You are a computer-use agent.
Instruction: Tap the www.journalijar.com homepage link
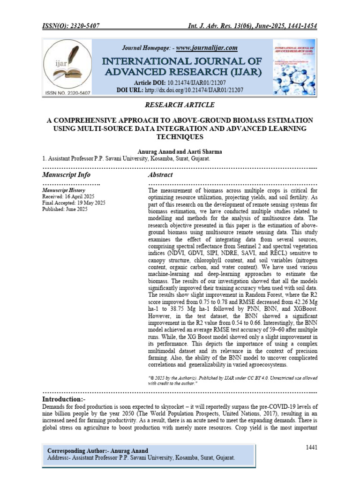coord(207,48)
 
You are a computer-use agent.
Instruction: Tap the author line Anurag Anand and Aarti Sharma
coord(180,152)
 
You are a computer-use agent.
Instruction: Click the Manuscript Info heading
coord(66,175)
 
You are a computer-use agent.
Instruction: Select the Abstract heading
coord(160,175)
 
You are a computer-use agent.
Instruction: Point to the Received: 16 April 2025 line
coord(68,196)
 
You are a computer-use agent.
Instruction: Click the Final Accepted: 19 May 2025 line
coord(74,203)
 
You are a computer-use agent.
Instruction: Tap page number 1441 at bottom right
coord(311,448)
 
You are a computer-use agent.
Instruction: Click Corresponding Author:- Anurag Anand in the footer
coord(97,450)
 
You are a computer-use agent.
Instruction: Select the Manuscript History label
coord(64,190)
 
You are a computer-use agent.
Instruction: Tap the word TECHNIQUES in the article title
coord(180,137)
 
